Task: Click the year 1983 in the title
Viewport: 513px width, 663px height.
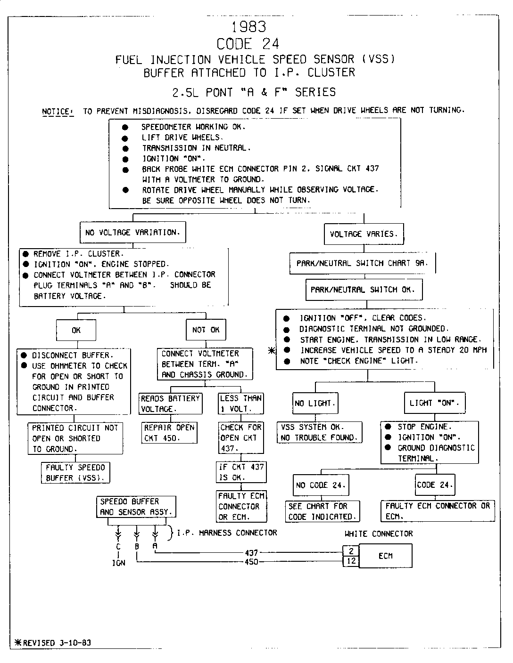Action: [249, 26]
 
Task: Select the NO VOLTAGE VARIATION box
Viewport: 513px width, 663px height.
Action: [132, 232]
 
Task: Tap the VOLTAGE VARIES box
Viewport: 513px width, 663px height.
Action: [364, 234]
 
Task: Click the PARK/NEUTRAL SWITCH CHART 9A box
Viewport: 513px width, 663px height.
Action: [362, 264]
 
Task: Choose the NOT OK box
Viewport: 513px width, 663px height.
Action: [206, 330]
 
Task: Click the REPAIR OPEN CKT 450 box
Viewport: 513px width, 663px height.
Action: [169, 433]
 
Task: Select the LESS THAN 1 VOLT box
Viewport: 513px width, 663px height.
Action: [241, 403]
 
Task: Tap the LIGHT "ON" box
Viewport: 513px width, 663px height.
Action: [434, 403]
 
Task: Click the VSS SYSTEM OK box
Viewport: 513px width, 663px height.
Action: [319, 432]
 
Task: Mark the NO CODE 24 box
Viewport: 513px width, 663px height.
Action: [321, 485]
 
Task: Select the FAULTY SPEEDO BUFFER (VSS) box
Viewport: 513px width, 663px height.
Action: [75, 473]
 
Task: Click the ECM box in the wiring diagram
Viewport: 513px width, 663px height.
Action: [385, 556]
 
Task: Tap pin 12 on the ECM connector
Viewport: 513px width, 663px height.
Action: [351, 561]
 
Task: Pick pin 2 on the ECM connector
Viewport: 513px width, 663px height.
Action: [351, 551]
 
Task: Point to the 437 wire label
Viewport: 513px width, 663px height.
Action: [251, 553]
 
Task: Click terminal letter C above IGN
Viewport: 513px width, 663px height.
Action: [118, 547]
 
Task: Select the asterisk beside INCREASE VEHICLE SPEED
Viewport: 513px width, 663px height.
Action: [271, 350]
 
